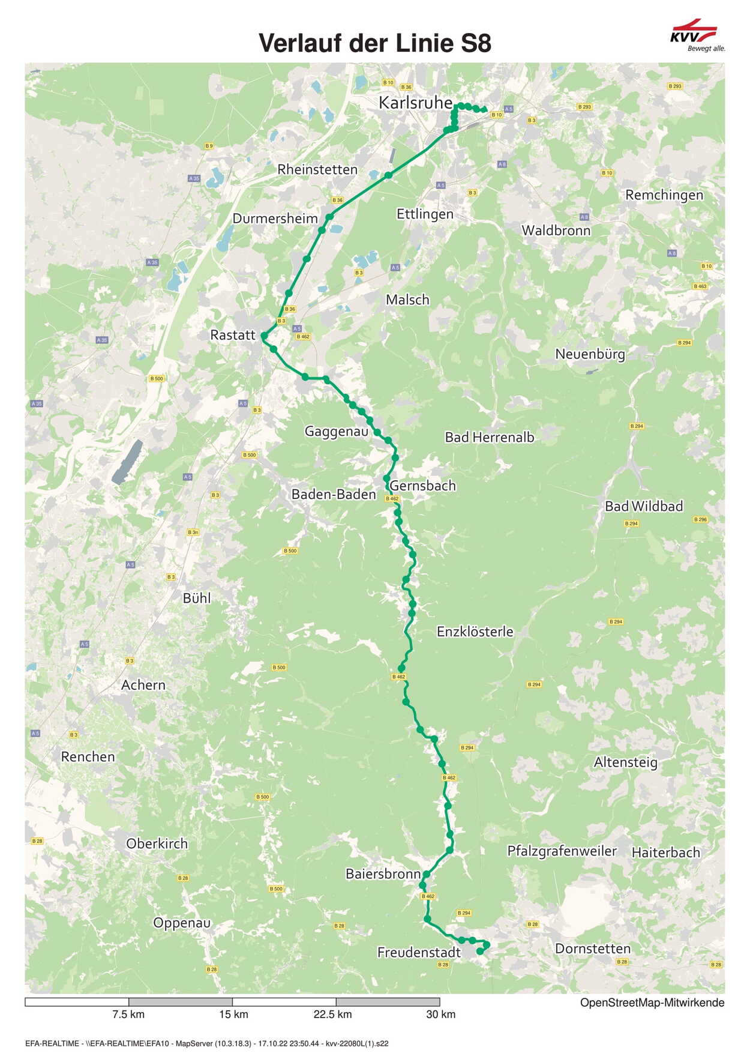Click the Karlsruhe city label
tap(415, 103)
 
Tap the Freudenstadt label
tap(419, 952)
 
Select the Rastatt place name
tap(233, 335)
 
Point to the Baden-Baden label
tap(334, 494)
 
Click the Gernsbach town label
tap(423, 486)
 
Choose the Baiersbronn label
tap(383, 874)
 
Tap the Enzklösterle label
tap(475, 632)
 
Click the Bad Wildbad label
tap(644, 506)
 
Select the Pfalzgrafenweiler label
tap(562, 851)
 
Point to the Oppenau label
tap(182, 923)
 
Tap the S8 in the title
tap(476, 43)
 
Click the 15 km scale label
tap(233, 1015)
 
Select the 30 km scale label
tap(440, 1015)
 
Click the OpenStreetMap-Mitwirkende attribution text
tap(652, 1003)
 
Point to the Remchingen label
tap(664, 195)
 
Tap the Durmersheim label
tap(275, 219)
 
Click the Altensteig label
tap(626, 762)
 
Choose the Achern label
tap(143, 685)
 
